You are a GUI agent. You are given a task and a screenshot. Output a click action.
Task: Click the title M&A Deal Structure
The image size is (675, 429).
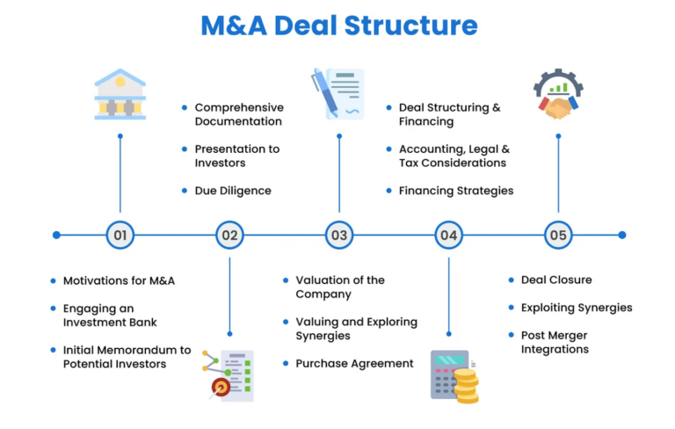pos(338,25)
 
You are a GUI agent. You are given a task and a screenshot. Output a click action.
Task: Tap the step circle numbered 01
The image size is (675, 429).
pos(120,235)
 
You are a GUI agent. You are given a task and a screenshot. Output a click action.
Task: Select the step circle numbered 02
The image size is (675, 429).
pos(229,235)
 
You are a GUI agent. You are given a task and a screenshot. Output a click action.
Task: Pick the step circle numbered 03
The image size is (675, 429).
pos(339,235)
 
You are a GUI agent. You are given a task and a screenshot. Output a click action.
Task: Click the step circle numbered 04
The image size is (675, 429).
pos(449,235)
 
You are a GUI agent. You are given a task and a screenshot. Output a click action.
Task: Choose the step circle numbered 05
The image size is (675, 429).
pos(558,235)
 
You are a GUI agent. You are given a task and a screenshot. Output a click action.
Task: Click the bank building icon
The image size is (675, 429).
pos(120,94)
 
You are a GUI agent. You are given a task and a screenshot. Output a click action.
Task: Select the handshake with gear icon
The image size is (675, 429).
pos(557,95)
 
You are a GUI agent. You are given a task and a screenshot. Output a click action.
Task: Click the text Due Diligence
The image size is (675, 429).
pos(233,191)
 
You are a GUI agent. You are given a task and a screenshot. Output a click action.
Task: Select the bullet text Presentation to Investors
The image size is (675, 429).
pos(237,156)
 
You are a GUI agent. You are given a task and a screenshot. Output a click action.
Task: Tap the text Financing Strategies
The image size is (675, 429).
pos(456,191)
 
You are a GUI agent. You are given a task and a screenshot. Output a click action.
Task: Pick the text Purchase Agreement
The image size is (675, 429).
pos(354,364)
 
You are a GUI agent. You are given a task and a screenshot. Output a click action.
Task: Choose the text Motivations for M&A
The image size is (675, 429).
pos(119,280)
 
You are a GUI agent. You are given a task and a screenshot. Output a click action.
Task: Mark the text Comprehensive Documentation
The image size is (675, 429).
pos(239,114)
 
